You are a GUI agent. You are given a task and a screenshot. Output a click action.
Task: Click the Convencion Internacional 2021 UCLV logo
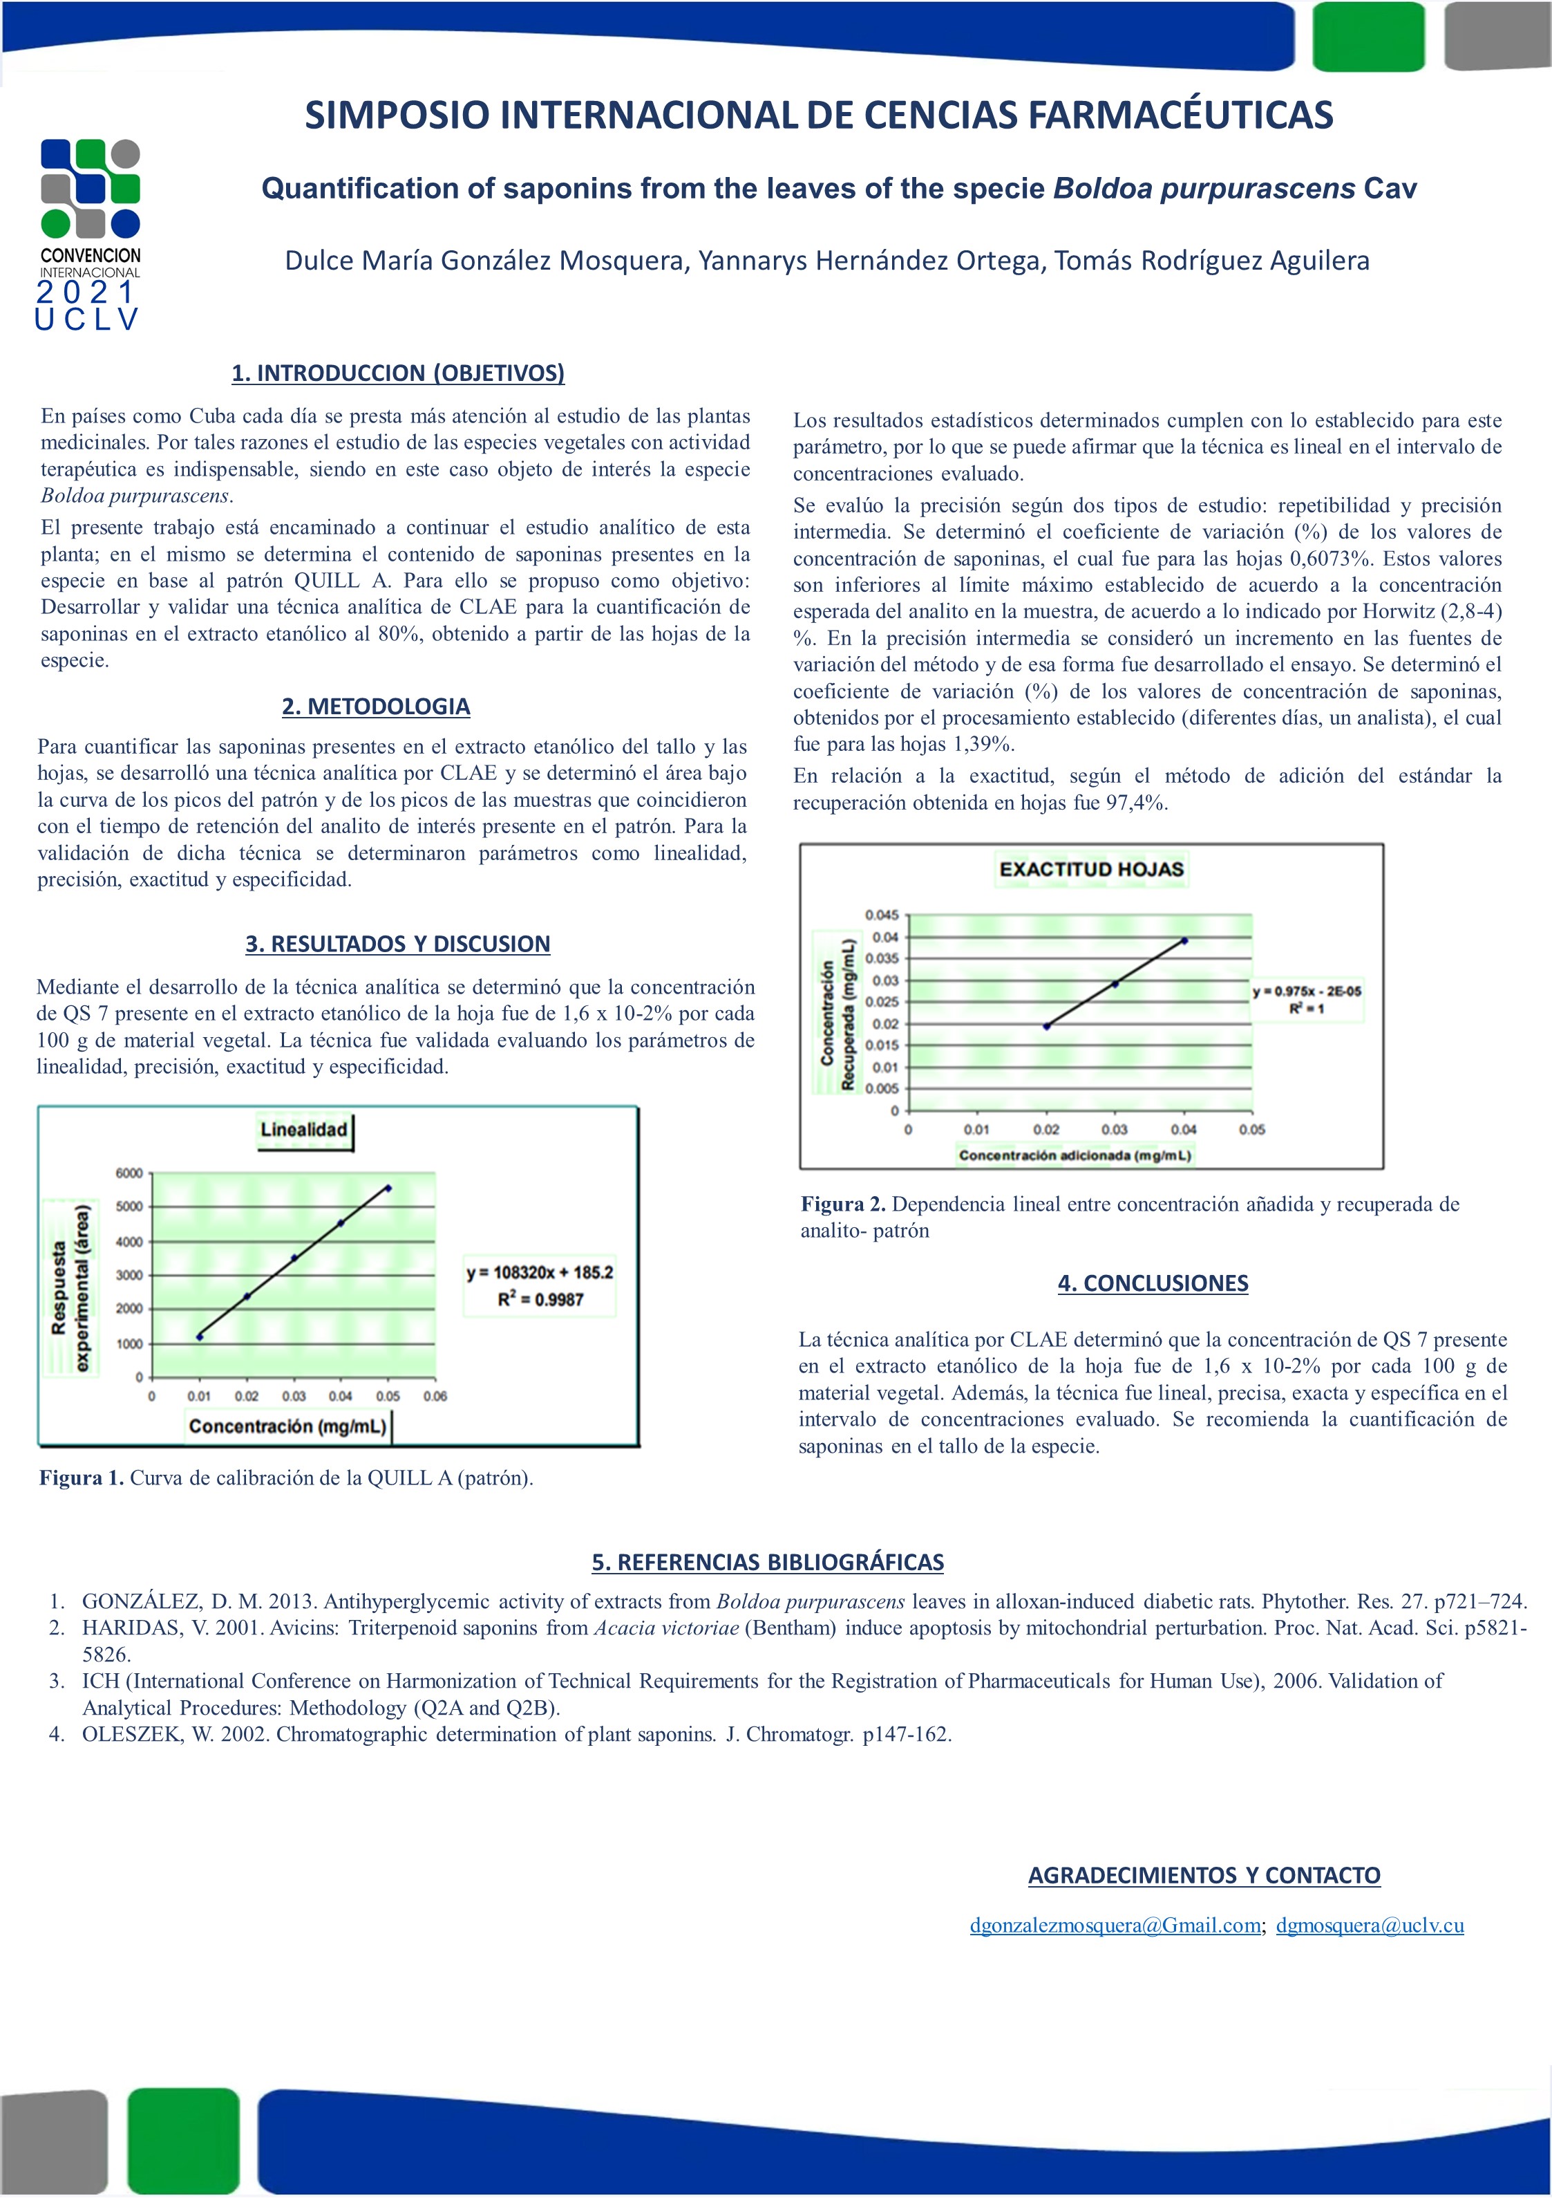click(x=90, y=234)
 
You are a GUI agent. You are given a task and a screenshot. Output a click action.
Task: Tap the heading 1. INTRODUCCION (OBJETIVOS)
click(x=398, y=373)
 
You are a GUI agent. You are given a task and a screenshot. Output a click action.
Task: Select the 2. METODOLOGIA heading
click(x=376, y=707)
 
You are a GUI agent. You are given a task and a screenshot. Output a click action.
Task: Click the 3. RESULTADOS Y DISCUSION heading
click(x=397, y=944)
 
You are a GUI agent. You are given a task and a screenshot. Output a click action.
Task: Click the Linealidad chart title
click(x=303, y=1130)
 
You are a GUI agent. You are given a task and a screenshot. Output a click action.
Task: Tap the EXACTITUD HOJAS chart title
click(x=1091, y=869)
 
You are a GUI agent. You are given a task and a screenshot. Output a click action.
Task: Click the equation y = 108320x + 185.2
click(x=540, y=1272)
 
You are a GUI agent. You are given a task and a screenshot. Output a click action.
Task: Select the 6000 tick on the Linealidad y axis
click(x=129, y=1173)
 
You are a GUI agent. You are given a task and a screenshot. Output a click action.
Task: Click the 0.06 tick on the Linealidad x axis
click(x=435, y=1396)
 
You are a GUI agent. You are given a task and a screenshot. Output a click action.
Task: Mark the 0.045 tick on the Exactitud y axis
click(x=881, y=915)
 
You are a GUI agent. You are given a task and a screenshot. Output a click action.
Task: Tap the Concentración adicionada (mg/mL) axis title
click(x=1075, y=1155)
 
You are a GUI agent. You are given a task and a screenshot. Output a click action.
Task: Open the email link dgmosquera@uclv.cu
click(x=1370, y=1925)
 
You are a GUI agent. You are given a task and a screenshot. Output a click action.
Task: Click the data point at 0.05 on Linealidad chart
click(x=388, y=1188)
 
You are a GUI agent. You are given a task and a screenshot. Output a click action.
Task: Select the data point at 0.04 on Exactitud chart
click(x=1184, y=940)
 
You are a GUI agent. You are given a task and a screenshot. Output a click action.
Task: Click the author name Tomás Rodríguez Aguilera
click(x=1211, y=261)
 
